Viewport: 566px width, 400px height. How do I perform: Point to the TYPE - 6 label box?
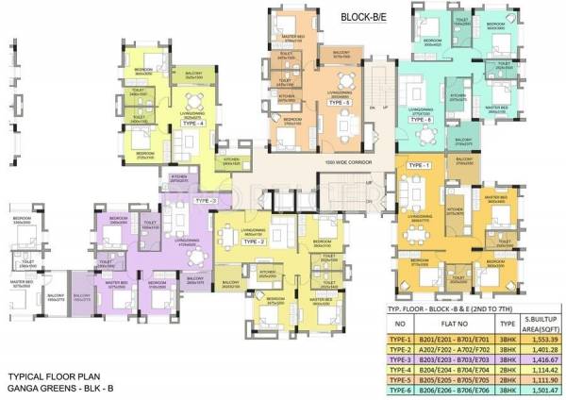(x=421, y=120)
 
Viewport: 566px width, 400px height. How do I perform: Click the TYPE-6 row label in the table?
(x=401, y=387)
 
